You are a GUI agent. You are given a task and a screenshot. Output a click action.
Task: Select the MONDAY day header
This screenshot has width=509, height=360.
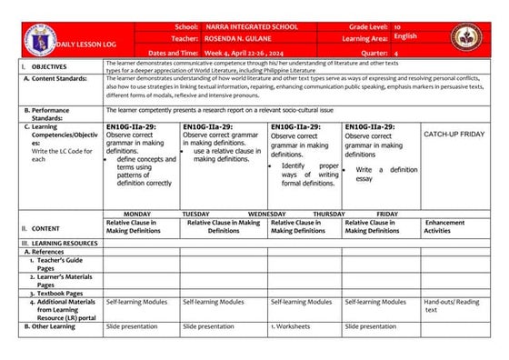pos(136,214)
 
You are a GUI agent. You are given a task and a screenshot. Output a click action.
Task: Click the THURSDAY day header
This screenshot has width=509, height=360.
pos(329,214)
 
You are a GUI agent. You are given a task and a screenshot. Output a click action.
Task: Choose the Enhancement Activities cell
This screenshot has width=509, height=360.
pos(444,226)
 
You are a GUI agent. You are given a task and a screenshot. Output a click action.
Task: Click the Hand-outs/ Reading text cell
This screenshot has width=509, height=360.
pos(453,305)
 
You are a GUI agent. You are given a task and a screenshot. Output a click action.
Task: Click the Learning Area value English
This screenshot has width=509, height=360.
pos(405,37)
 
